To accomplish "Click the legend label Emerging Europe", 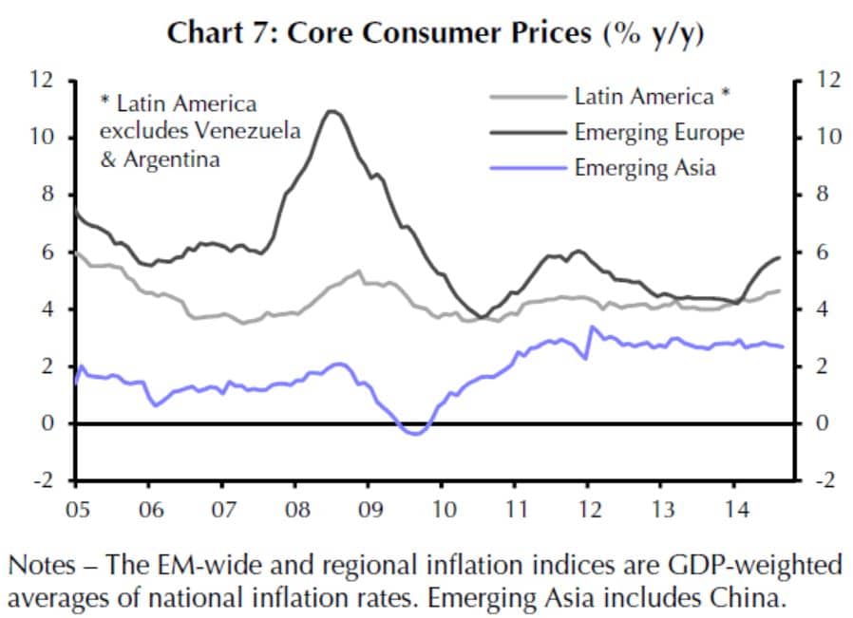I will pos(658,132).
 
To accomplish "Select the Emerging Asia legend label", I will pos(644,168).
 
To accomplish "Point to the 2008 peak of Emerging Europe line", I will pos(330,111).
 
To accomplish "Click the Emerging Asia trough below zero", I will pos(415,433).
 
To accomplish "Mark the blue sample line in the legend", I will pos(529,168).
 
